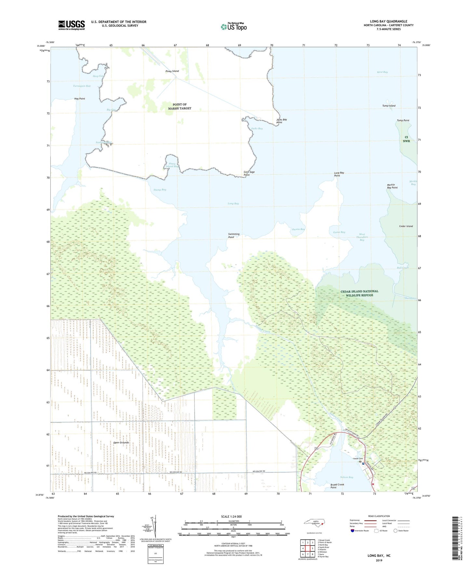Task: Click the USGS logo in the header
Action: coord(71,25)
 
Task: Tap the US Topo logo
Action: coord(233,27)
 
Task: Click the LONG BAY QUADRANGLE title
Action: coord(388,21)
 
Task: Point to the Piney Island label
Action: coord(172,71)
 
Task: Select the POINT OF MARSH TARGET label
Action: coord(180,107)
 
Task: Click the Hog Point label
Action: coord(80,99)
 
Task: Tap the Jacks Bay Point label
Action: coord(281,121)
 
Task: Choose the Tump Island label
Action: coord(389,106)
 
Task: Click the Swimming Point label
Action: coord(234,235)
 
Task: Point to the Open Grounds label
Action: coord(121,443)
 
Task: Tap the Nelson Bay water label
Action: coord(346,477)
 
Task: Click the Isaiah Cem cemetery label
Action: coord(358,459)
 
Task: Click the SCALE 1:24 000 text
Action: coord(231,517)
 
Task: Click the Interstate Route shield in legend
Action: coord(353,531)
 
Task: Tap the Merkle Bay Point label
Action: coord(392,186)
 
